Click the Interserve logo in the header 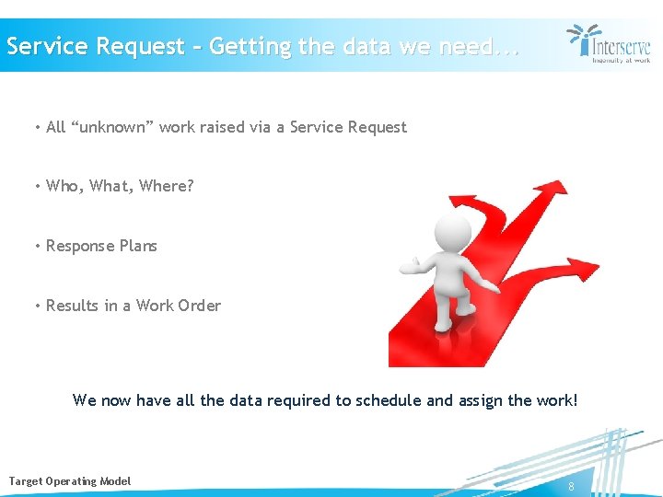click(609, 42)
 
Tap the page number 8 click(572, 486)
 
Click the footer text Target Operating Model click(70, 481)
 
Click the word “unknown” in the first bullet click(111, 127)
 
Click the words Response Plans click(101, 246)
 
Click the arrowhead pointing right click(584, 269)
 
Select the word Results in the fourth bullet click(72, 306)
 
